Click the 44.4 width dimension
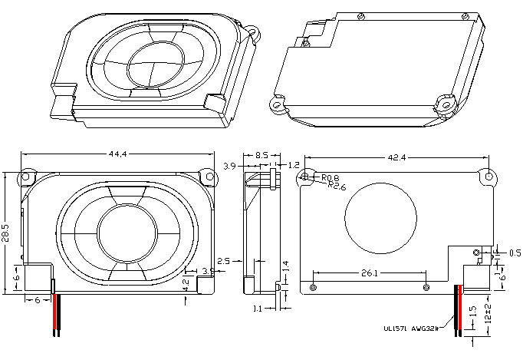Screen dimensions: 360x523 click(117, 154)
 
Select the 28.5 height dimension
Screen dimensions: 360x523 click(6, 231)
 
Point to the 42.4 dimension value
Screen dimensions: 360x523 click(396, 157)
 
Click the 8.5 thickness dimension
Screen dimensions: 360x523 click(261, 156)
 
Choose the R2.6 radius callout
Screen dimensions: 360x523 click(336, 185)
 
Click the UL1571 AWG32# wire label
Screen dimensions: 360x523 click(413, 328)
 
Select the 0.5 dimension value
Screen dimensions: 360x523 click(515, 253)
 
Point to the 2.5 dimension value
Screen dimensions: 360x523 click(225, 261)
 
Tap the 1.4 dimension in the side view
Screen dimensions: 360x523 click(286, 266)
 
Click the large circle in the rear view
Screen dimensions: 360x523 click(380, 216)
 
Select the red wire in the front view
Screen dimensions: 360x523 click(54, 315)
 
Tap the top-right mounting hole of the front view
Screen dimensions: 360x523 click(206, 176)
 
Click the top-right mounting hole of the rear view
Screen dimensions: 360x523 click(485, 175)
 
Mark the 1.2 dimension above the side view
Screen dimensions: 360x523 click(294, 165)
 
